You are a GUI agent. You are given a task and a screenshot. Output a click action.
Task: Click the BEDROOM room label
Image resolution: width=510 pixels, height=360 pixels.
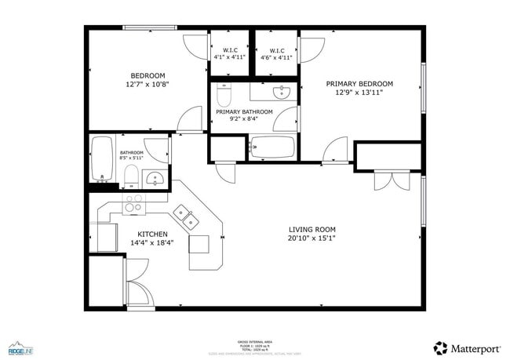[147, 75]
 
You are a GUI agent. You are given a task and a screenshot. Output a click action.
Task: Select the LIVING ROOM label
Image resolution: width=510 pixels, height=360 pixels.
[311, 229]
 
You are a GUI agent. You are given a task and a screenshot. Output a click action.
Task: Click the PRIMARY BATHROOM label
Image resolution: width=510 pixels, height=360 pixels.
[244, 111]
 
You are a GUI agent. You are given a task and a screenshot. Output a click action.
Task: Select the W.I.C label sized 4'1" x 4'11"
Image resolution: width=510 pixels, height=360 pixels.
[230, 57]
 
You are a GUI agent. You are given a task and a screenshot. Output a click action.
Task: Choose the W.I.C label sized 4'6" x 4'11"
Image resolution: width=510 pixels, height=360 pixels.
[275, 57]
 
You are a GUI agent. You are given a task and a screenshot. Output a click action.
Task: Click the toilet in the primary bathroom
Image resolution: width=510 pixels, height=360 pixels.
[223, 96]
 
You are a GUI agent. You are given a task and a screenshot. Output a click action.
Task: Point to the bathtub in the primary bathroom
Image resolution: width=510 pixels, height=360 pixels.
[272, 147]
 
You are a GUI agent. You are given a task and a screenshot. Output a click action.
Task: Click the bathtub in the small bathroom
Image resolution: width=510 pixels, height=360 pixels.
[102, 158]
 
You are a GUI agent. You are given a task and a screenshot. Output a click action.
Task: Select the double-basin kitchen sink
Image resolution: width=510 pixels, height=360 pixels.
[185, 215]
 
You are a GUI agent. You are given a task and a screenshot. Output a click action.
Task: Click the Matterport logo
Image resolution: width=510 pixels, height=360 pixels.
[463, 347]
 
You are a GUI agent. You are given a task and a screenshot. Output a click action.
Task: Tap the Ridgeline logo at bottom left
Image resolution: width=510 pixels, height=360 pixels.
[20, 347]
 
